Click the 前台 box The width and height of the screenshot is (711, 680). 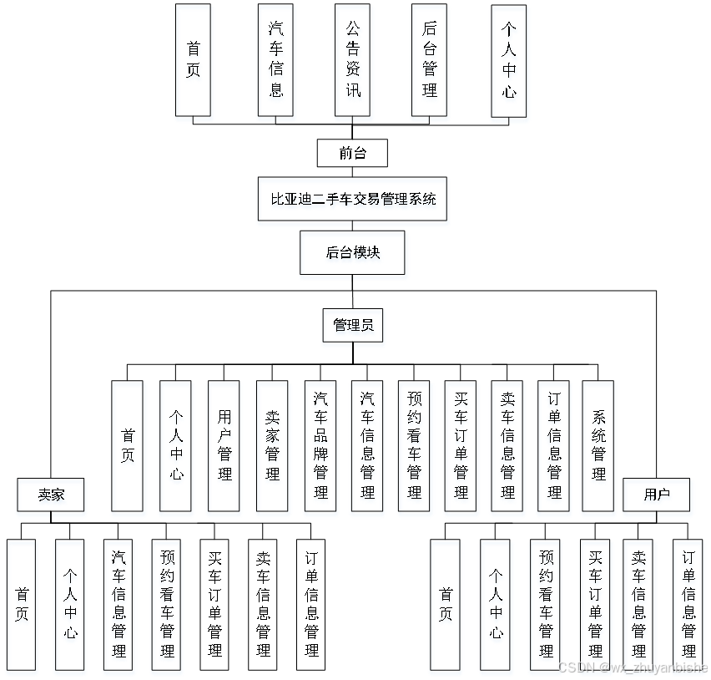click(x=352, y=153)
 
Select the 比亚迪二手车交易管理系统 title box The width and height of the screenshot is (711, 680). click(x=352, y=199)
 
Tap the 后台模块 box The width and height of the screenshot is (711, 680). click(x=352, y=252)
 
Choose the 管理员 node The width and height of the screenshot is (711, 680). click(x=352, y=325)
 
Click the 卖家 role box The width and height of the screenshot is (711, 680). click(x=51, y=495)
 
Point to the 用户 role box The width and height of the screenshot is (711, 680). click(x=657, y=495)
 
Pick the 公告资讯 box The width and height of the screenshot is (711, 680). click(x=352, y=60)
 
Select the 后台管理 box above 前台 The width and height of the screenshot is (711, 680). click(x=429, y=60)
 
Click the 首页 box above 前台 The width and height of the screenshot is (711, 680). click(x=193, y=60)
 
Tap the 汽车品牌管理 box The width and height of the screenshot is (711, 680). click(x=320, y=445)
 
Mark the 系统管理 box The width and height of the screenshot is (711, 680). click(x=598, y=445)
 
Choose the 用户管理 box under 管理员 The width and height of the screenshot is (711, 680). click(x=224, y=445)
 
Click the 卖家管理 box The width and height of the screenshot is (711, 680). click(x=272, y=445)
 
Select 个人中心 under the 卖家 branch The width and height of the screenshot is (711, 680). click(x=70, y=604)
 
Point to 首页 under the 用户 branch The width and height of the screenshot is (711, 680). click(x=446, y=604)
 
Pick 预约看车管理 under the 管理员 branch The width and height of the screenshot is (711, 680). click(x=414, y=445)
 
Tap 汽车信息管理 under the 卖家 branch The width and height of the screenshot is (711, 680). click(x=118, y=604)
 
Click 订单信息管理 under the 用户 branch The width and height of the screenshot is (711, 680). click(x=688, y=604)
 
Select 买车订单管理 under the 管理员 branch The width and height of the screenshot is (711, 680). click(x=461, y=445)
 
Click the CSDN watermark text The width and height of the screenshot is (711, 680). click(x=632, y=667)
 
